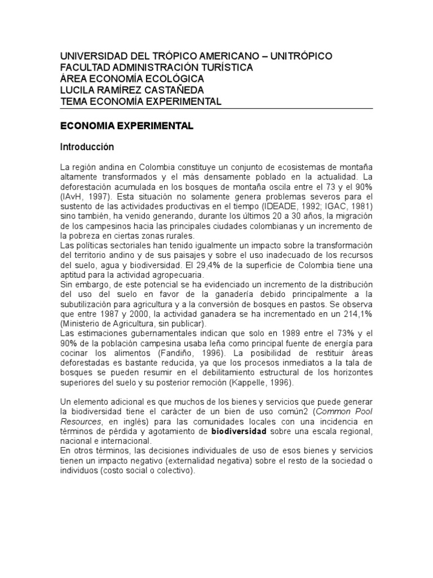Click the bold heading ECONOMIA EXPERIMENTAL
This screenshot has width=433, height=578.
pos(127,127)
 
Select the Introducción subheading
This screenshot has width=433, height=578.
pos(87,147)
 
